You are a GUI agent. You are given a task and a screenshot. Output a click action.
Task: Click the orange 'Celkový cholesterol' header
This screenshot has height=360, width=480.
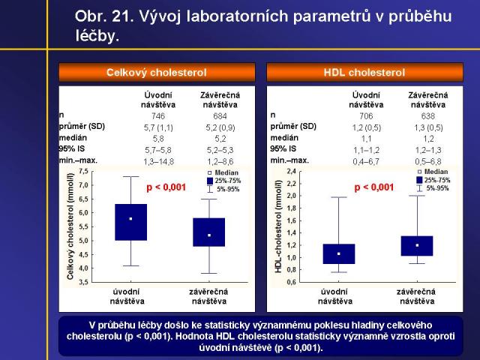point(157,73)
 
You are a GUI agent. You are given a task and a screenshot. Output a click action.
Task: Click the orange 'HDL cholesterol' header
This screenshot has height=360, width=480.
point(364,73)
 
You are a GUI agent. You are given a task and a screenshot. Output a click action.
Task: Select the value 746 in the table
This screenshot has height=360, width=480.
point(157,115)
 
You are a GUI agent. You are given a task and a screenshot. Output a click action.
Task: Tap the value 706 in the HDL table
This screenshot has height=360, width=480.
point(365,115)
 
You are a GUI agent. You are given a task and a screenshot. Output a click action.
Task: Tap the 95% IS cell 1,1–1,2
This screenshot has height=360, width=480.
point(365,149)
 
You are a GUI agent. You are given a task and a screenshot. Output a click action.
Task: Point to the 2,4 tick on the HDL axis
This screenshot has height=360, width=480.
point(291,171)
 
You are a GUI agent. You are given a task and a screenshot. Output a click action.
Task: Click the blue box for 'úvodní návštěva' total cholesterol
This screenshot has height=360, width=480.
point(130,221)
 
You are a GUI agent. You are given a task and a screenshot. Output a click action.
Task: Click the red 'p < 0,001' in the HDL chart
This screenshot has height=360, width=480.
point(373,187)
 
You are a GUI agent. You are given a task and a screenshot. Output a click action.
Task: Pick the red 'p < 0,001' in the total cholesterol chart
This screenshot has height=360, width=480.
point(166,187)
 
